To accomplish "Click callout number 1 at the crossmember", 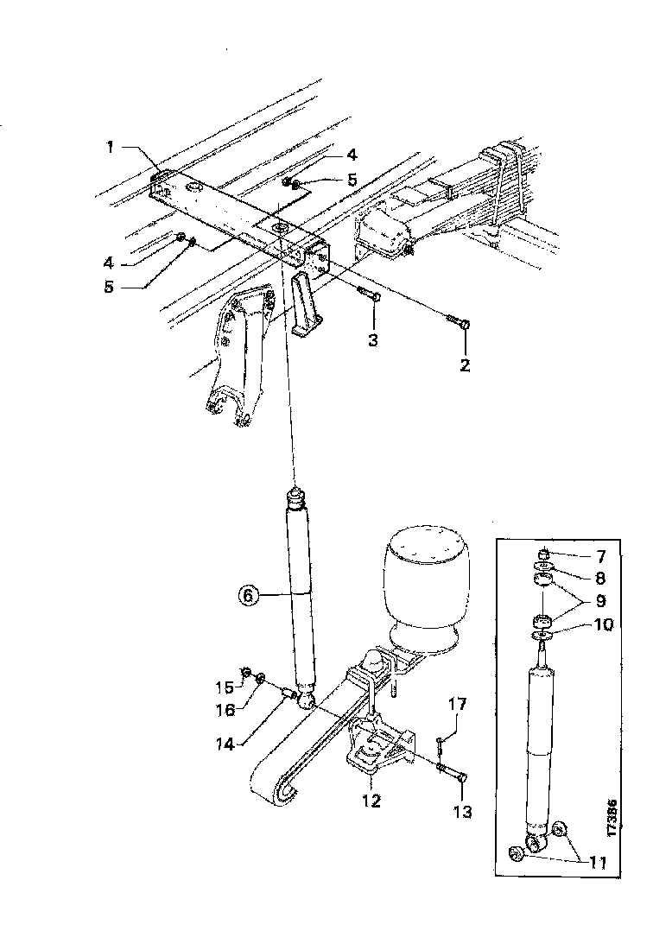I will [x=111, y=148].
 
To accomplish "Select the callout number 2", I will [x=465, y=365].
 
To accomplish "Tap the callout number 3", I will [x=372, y=339].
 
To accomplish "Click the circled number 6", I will [x=247, y=595].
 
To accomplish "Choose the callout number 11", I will [x=598, y=863].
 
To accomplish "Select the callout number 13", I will [x=464, y=812].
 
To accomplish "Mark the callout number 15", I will [x=224, y=687].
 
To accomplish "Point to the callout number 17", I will [x=457, y=705].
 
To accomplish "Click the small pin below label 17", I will [x=441, y=740].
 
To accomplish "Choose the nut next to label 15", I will [x=245, y=672].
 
